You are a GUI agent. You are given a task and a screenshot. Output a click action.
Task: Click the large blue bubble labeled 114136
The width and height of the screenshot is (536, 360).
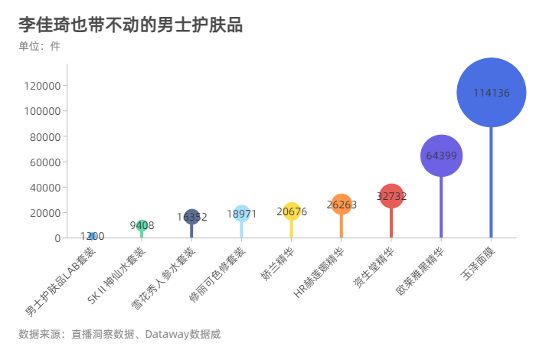tap(491, 93)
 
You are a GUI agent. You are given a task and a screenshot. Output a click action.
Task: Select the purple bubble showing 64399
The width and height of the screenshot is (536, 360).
tap(441, 155)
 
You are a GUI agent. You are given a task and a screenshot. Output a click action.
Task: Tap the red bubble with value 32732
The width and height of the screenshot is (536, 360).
tap(391, 196)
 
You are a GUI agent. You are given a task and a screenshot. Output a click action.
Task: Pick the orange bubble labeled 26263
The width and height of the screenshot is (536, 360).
tap(342, 205)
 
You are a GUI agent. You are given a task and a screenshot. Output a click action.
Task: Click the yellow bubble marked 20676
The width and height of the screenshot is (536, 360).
tap(292, 211)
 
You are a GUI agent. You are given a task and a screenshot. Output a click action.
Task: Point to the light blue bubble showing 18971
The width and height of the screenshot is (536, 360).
tap(242, 214)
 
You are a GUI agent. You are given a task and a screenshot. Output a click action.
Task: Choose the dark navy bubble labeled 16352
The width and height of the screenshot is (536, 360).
tap(192, 217)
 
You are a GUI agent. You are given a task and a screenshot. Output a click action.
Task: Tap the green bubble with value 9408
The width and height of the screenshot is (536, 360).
tap(142, 225)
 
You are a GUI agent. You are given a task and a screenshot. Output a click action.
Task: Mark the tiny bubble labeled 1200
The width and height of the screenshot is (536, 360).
tap(93, 236)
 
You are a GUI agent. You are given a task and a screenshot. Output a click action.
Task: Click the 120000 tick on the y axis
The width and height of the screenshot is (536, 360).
tap(43, 86)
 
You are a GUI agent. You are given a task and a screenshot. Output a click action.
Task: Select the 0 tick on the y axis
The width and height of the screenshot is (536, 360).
tap(57, 238)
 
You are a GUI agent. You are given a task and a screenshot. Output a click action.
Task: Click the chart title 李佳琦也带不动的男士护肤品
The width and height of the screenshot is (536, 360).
tap(130, 25)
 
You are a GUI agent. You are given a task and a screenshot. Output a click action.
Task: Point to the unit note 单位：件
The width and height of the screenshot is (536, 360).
tap(39, 46)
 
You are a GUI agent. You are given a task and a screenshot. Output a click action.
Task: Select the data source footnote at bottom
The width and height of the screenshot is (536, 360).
tap(119, 334)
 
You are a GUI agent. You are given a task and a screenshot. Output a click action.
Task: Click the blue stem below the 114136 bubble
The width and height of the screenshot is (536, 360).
tap(491, 184)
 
